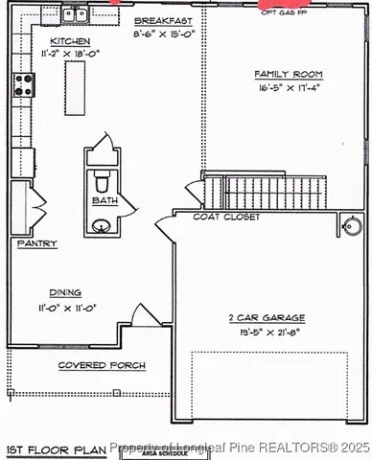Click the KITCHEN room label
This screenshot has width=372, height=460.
pyautogui.click(x=70, y=42)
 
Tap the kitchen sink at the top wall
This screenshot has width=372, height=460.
pyautogui.click(x=74, y=13)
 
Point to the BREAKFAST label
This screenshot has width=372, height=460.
pyautogui.click(x=162, y=20)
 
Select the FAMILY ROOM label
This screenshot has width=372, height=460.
pyautogui.click(x=288, y=74)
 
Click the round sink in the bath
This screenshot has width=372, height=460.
pyautogui.click(x=102, y=226)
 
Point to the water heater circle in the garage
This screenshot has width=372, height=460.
pyautogui.click(x=352, y=227)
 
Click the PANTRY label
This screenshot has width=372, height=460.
pyautogui.click(x=36, y=244)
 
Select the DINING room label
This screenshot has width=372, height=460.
pyautogui.click(x=65, y=293)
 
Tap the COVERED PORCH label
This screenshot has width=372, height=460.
pyautogui.click(x=102, y=366)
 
